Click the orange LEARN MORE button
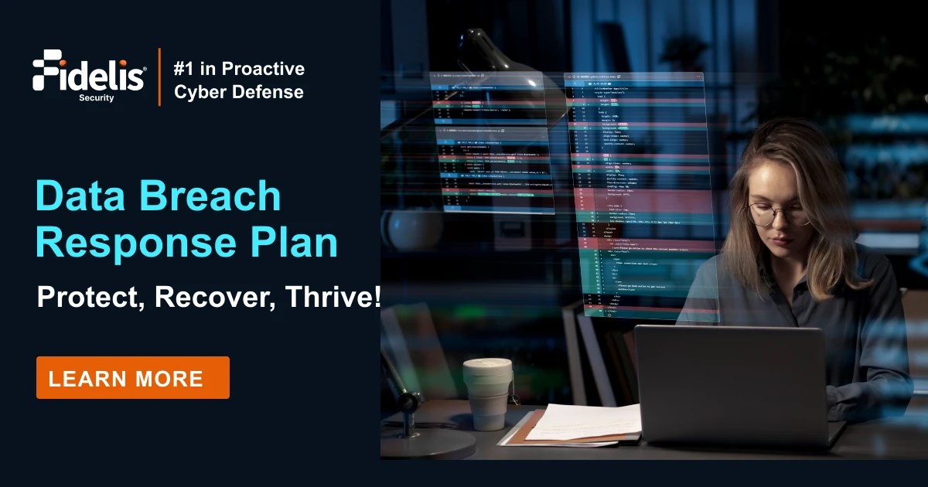click(132, 378)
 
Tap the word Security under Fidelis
click(96, 98)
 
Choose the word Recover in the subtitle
click(217, 297)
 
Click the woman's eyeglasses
click(777, 214)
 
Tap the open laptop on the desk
click(731, 387)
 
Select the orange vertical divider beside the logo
click(160, 77)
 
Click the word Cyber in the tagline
click(196, 92)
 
